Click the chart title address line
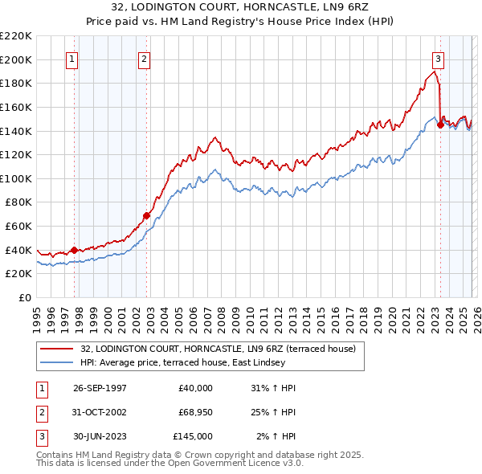coord(240,7)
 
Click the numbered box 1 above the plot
coord(73,59)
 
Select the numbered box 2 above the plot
coord(144,59)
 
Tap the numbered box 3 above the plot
coord(439,59)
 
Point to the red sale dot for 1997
coord(74,250)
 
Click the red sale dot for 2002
coord(146,215)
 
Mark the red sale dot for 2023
coord(439,125)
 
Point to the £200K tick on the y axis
coord(17,59)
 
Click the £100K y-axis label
coord(17,178)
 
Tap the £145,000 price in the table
coord(193,436)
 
